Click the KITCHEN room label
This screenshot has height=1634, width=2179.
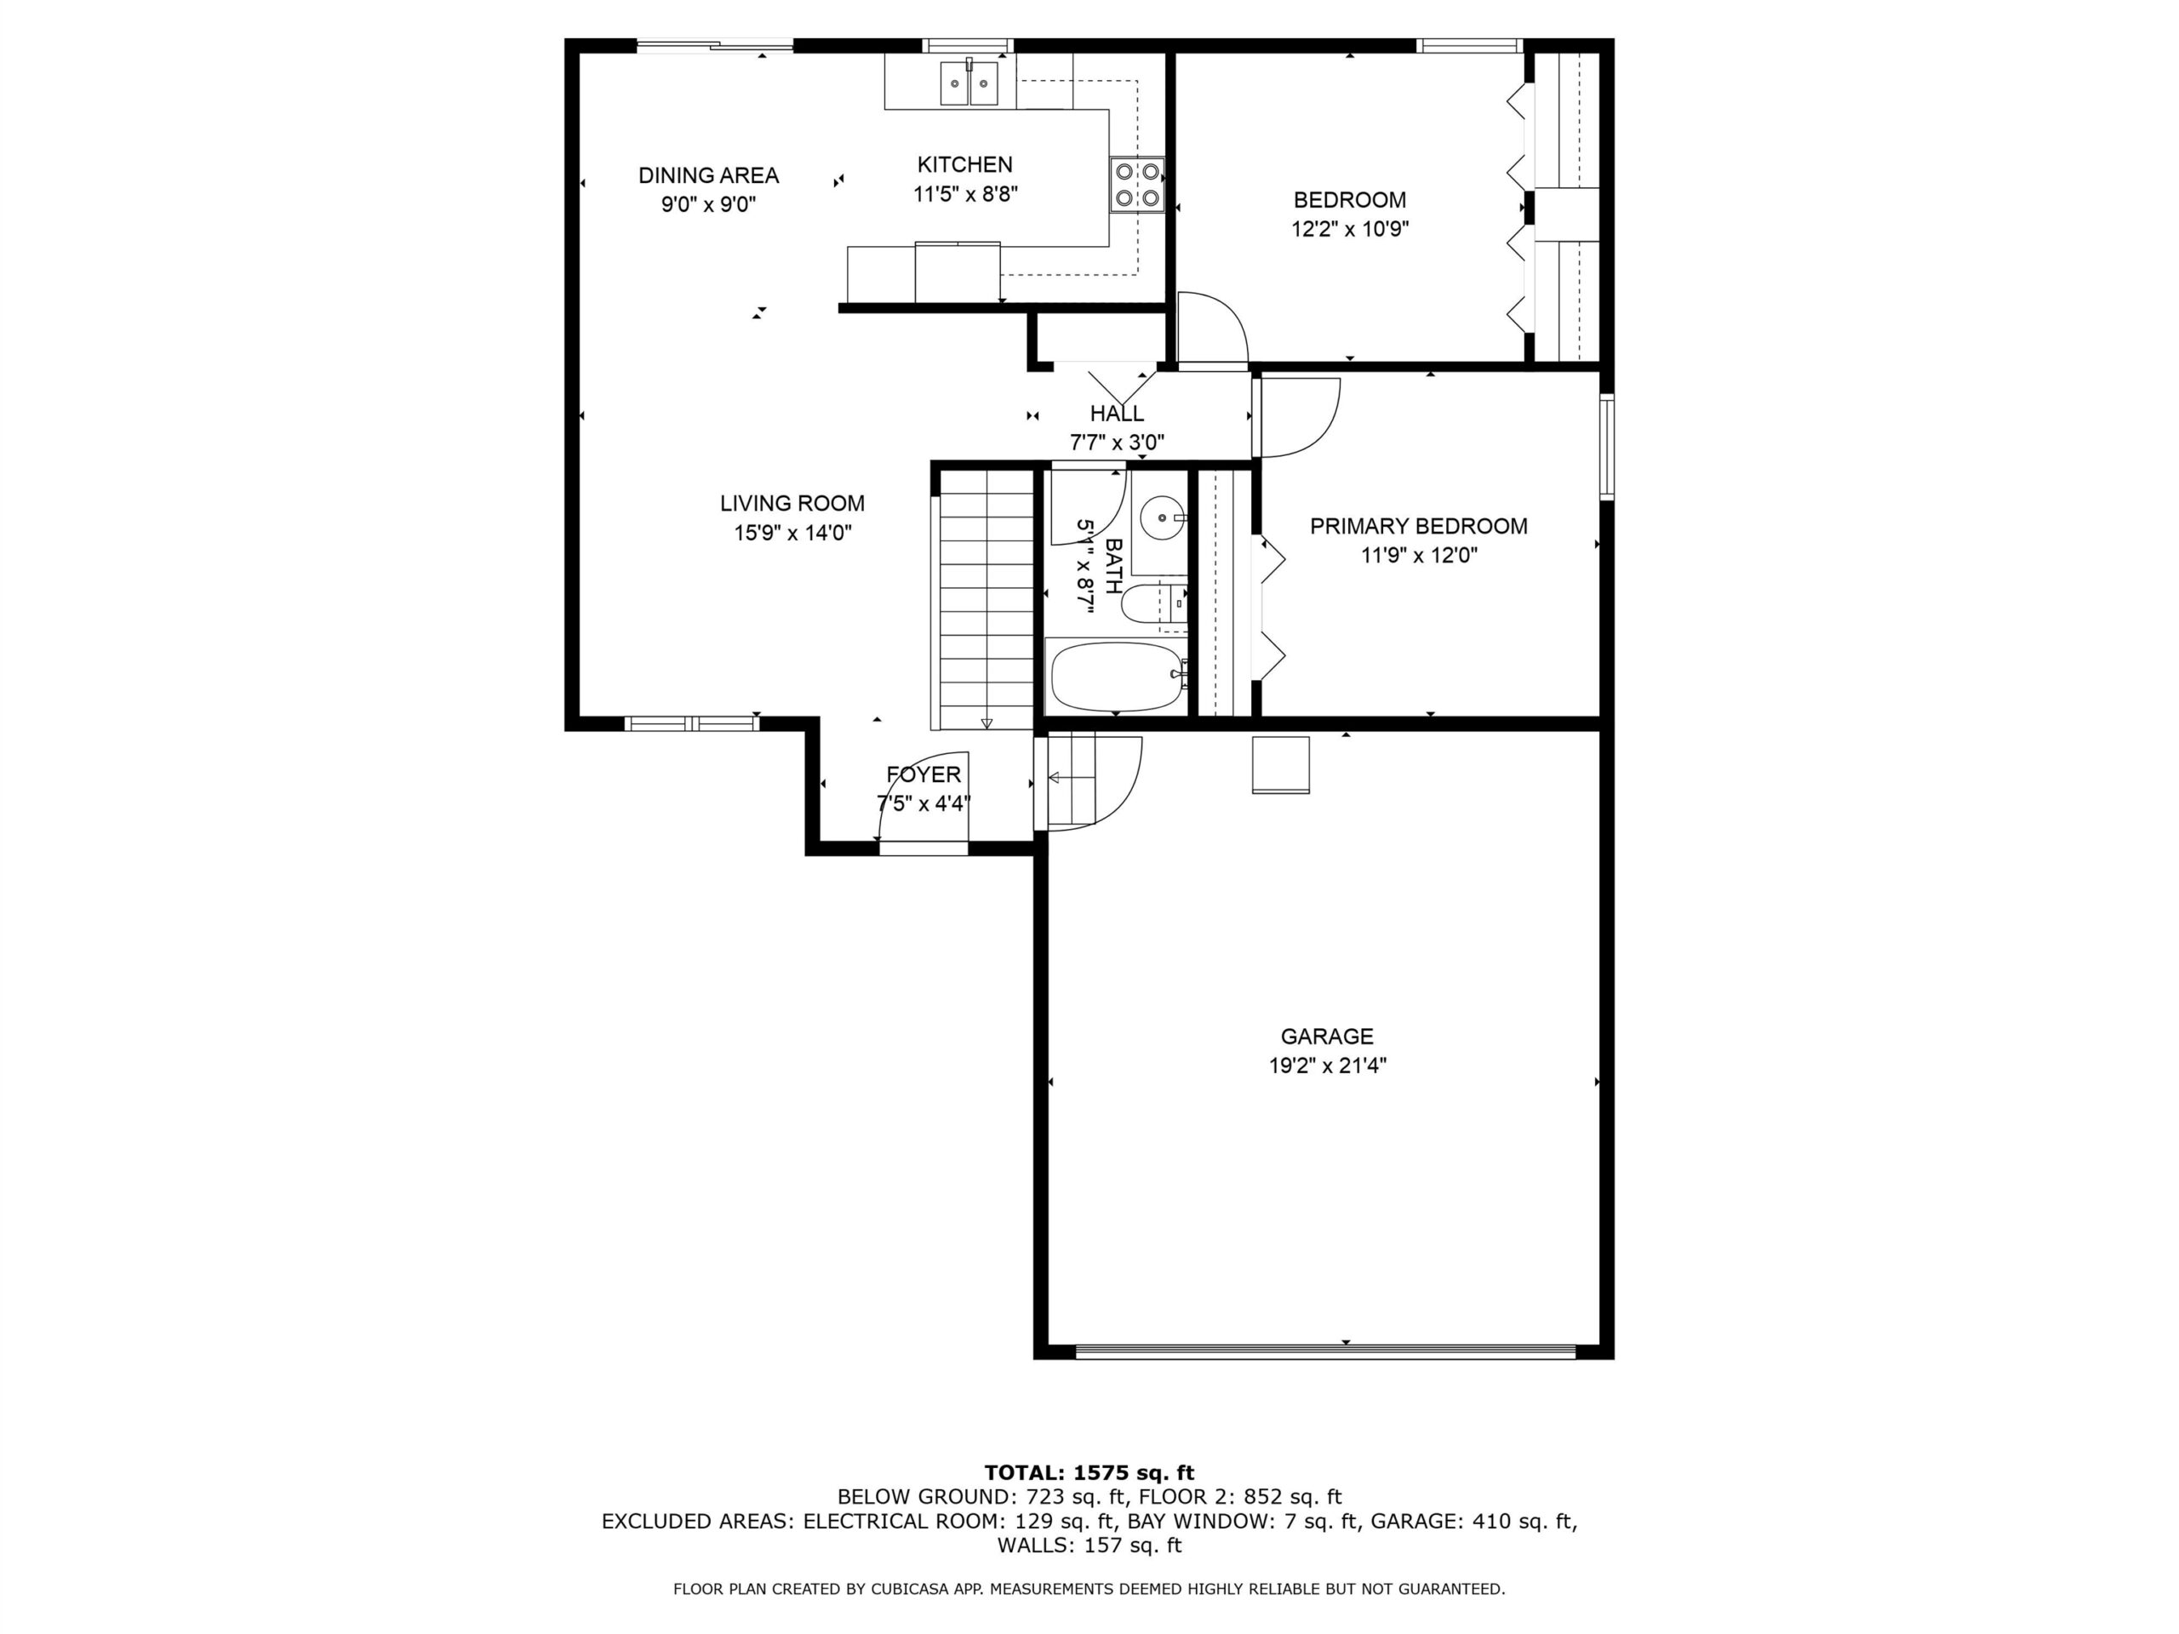(964, 164)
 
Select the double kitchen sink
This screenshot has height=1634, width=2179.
(969, 82)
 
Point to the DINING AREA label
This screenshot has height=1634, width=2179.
(708, 175)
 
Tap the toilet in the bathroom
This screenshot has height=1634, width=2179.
(1153, 603)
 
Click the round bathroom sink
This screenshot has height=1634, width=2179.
(1164, 516)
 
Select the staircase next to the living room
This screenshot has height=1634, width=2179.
(984, 599)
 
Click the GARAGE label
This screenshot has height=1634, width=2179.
(1326, 1037)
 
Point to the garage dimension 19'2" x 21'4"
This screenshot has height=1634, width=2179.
(1327, 1066)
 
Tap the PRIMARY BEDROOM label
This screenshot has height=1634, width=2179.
(1419, 526)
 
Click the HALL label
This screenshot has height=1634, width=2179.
(1117, 414)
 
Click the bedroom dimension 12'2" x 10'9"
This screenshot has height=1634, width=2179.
(1350, 230)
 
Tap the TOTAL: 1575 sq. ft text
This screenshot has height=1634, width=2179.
(1089, 1473)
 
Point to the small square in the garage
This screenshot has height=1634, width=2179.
(1281, 765)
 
